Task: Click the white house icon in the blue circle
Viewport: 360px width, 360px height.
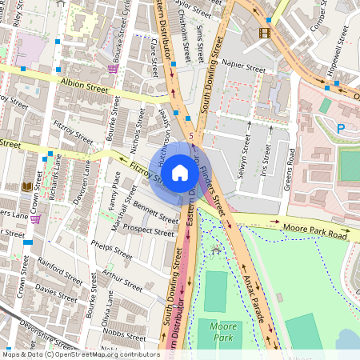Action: click(180, 171)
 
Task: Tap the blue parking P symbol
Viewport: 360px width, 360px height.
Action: click(342, 128)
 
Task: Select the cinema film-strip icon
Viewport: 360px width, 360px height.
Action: click(265, 33)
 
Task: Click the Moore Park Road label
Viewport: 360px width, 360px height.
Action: click(315, 234)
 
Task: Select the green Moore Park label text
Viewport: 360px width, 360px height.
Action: click(220, 332)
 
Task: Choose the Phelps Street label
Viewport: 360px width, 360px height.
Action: click(111, 250)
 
